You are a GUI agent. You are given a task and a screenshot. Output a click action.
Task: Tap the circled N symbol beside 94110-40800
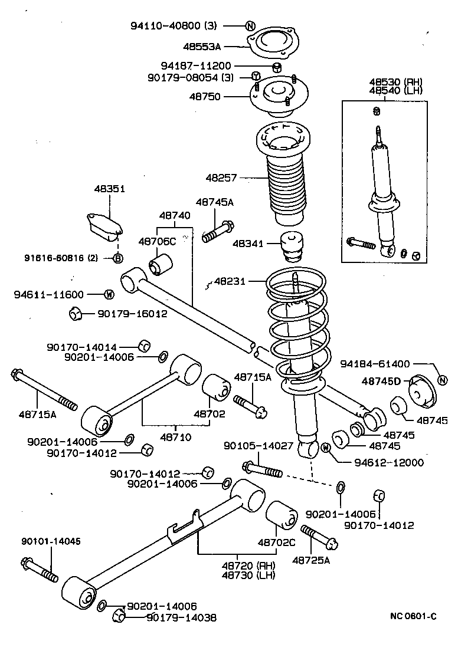coord(250,25)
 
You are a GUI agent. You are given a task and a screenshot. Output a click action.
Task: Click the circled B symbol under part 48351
coord(117,258)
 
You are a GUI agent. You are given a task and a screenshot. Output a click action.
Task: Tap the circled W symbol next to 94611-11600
coord(109,294)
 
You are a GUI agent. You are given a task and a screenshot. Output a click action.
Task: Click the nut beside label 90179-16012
coord(75,313)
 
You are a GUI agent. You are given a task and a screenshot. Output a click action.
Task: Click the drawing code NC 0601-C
coord(413,616)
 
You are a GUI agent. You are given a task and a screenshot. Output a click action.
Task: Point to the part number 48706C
coord(157,241)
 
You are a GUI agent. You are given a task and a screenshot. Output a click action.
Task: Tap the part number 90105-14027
coord(258,446)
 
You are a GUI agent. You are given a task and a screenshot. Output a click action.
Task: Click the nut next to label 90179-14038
coord(118,617)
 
